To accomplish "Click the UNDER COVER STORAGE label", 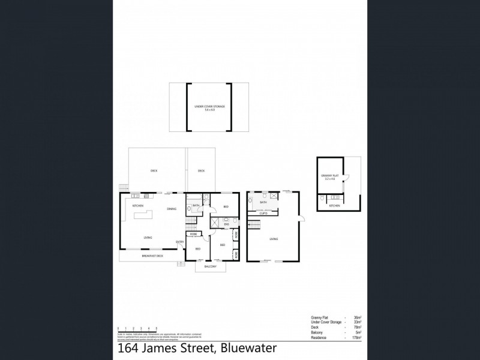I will pos(209,107).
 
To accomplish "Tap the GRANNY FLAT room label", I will pos(329,177).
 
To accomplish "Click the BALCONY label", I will pos(210,266).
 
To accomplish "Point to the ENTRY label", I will pos(179,242).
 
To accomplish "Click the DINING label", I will pos(172,209).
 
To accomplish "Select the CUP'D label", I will pos(263,213).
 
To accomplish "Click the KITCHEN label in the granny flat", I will pos(335,206).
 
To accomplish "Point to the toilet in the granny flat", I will pos(323,197).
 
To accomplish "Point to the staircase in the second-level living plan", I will pos(253,225).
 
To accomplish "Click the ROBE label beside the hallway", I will pos(194,233).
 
